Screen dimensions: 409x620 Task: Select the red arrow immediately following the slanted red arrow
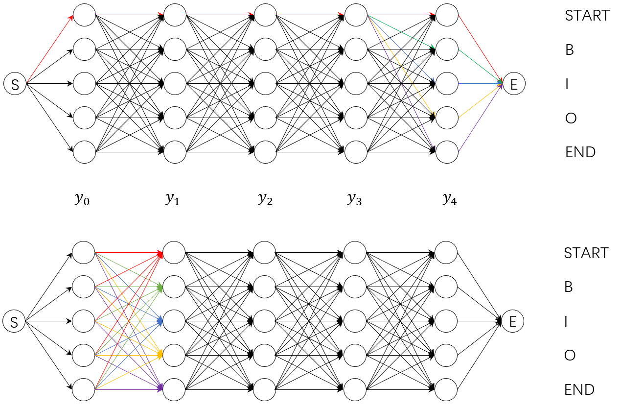point(129,15)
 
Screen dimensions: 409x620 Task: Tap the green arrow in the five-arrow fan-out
point(401,32)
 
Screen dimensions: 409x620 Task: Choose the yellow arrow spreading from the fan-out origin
point(401,65)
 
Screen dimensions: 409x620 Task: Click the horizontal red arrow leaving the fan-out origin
point(401,15)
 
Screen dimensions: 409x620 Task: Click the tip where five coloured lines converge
point(501,83)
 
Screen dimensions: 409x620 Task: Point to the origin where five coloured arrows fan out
point(368,15)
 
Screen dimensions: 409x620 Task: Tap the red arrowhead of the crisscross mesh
point(160,255)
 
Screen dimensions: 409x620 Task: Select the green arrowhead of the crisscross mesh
point(160,288)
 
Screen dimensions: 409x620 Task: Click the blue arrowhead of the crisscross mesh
point(160,321)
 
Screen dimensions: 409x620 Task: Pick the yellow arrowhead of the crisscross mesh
point(160,354)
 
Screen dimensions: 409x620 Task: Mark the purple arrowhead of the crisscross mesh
point(160,387)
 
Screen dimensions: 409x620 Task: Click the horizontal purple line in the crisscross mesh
point(127,389)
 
